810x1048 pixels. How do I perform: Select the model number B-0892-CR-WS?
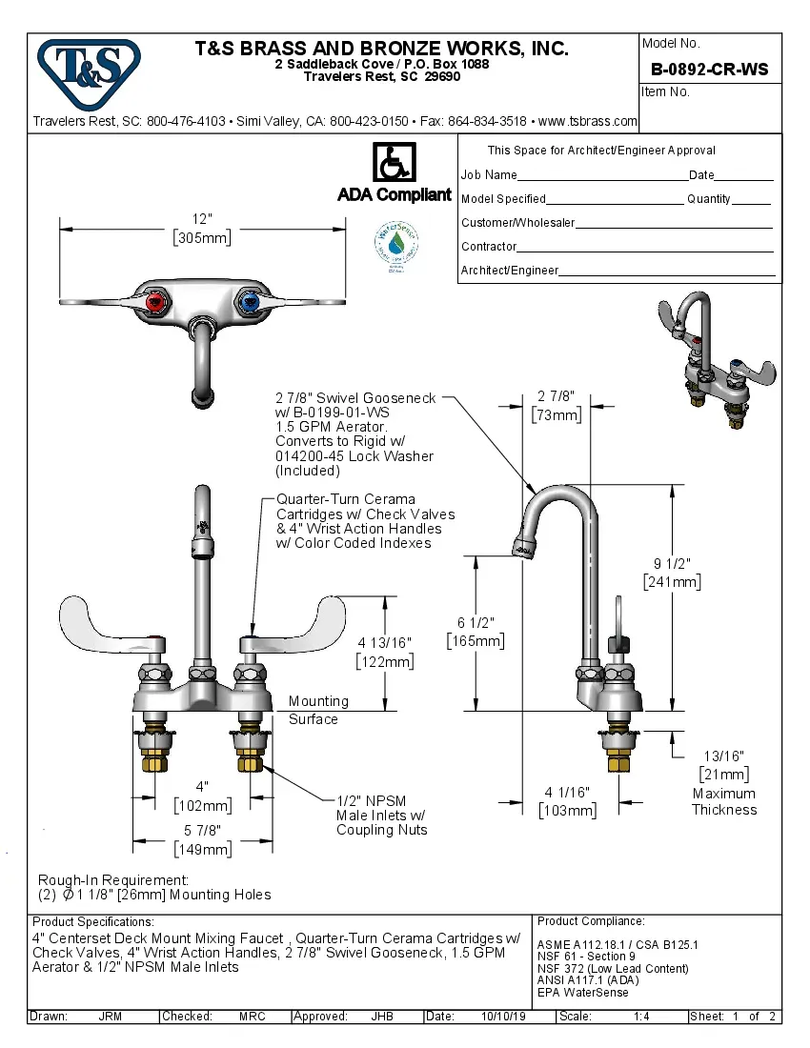click(x=709, y=70)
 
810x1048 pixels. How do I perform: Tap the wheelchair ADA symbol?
click(x=393, y=163)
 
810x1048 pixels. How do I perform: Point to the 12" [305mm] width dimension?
click(x=202, y=229)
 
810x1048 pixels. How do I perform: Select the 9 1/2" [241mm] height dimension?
click(x=672, y=572)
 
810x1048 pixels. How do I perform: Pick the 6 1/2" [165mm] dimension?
click(x=476, y=632)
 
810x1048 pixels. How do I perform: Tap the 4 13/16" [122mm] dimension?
click(x=384, y=652)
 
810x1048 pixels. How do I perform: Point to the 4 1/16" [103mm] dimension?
click(x=567, y=801)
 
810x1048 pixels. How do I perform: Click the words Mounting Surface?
click(x=318, y=710)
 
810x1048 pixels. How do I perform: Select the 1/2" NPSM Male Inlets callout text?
click(x=381, y=816)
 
